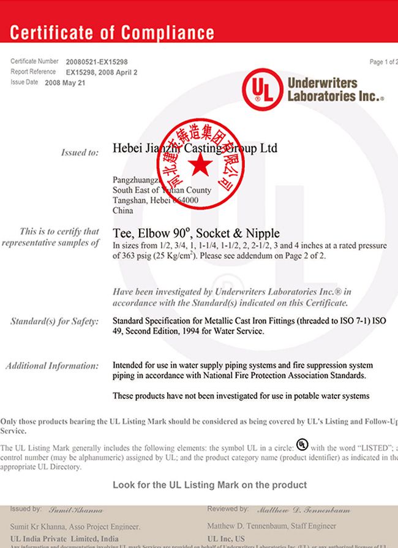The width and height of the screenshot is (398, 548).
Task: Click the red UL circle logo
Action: coord(262,89)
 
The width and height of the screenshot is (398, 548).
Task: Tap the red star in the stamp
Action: coord(200,164)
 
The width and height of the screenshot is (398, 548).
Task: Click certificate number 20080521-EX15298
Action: coord(97,62)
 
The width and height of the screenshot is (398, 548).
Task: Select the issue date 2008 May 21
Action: coord(65,82)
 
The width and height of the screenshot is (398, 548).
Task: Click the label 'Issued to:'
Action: coord(80,153)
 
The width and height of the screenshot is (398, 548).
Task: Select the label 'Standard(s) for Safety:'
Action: coord(54,321)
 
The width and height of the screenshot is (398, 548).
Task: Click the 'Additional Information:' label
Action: coord(52,366)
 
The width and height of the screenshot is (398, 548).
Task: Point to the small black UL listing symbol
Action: coord(302,444)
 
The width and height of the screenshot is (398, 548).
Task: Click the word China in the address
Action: coord(122,210)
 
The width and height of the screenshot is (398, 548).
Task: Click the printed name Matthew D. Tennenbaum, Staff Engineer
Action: coord(271,526)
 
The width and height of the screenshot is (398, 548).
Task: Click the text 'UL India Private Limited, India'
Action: coord(56,537)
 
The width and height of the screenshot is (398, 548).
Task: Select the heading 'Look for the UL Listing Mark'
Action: coord(209,485)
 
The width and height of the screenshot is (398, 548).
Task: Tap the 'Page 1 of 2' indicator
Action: coord(383,62)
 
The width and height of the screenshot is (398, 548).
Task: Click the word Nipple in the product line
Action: coord(262,234)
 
